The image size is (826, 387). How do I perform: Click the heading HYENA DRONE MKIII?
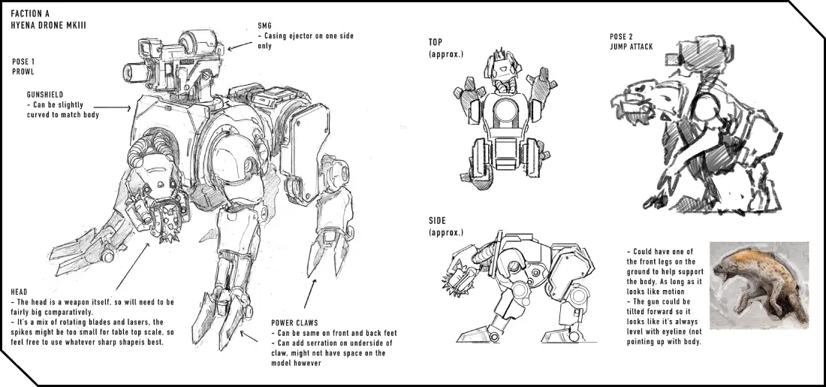[48, 25]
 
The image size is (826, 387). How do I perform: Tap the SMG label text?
[264, 26]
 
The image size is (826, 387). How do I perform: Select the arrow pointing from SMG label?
[240, 45]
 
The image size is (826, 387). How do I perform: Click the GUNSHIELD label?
[45, 95]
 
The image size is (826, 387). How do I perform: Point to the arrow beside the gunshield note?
[119, 108]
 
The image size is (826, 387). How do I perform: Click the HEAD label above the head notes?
[19, 292]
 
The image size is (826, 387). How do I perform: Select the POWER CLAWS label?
[294, 322]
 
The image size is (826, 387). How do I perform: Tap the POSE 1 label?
[23, 62]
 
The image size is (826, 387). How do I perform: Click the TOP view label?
[435, 42]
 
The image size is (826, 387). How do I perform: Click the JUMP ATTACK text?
[631, 47]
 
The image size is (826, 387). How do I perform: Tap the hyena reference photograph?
[759, 286]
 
